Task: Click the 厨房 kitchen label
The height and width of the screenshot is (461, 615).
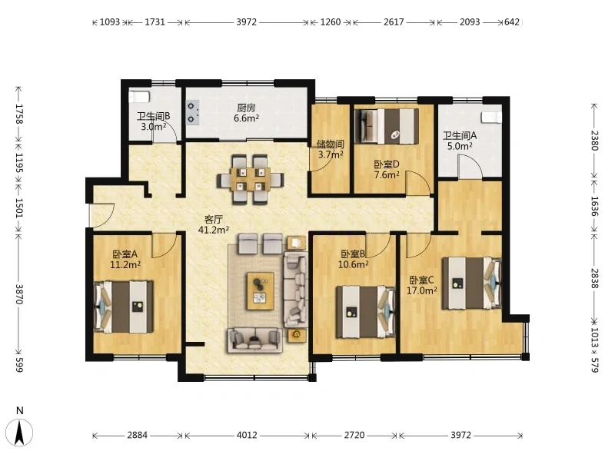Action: [x=246, y=112]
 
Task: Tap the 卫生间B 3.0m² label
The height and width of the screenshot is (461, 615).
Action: [x=153, y=121]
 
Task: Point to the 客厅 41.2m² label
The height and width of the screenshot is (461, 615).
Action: [x=214, y=224]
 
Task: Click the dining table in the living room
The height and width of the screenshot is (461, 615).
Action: [x=251, y=179]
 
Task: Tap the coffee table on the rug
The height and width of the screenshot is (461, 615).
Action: [x=261, y=291]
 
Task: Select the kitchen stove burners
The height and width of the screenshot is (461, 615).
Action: [x=192, y=112]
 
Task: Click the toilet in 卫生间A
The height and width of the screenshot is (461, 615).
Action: [x=491, y=118]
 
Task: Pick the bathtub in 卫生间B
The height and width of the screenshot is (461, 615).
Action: [x=139, y=97]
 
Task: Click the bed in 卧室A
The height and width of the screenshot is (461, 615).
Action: [x=123, y=307]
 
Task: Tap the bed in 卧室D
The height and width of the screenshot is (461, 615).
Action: [x=387, y=126]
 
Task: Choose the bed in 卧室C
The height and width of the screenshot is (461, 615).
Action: [x=472, y=283]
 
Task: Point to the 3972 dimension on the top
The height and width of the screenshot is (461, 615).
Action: [x=246, y=22]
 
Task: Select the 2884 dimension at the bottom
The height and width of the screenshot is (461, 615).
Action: [x=138, y=435]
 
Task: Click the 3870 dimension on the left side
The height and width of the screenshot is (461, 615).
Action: [x=19, y=294]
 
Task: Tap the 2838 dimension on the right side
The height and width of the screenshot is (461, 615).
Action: [x=594, y=278]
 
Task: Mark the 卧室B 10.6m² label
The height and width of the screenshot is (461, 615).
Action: [x=354, y=260]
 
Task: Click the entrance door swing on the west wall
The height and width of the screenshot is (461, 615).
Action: [x=102, y=215]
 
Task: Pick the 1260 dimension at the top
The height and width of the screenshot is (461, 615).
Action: [x=331, y=22]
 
